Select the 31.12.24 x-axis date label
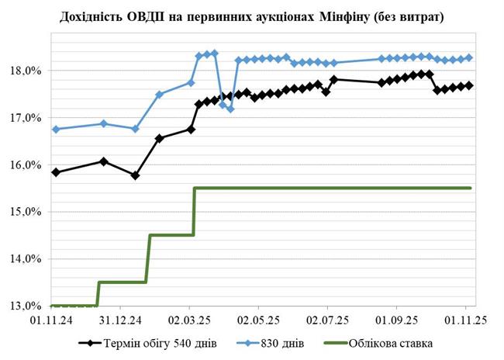(119, 319)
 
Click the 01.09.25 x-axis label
(397, 319)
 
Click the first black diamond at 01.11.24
(56, 172)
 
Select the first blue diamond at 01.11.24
(56, 129)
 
